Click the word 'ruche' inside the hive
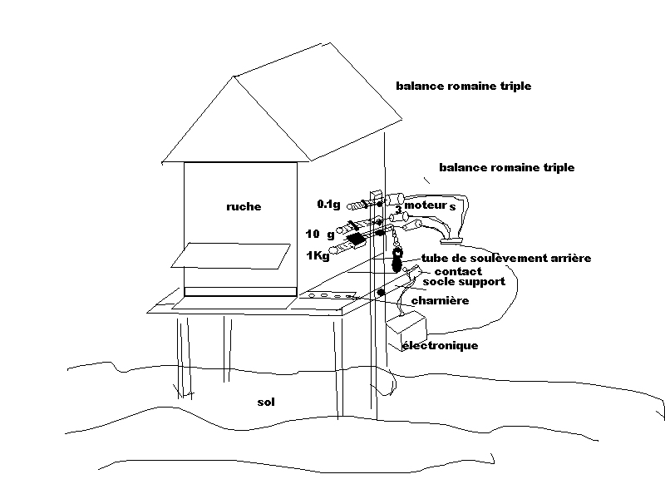243,206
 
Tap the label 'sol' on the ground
266,403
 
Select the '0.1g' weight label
328,204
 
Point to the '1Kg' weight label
318,255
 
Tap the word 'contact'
458,271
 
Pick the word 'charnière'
441,301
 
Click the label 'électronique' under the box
440,345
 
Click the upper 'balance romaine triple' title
463,86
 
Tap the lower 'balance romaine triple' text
506,167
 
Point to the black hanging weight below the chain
397,264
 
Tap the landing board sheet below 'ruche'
232,255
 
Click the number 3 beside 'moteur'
399,209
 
